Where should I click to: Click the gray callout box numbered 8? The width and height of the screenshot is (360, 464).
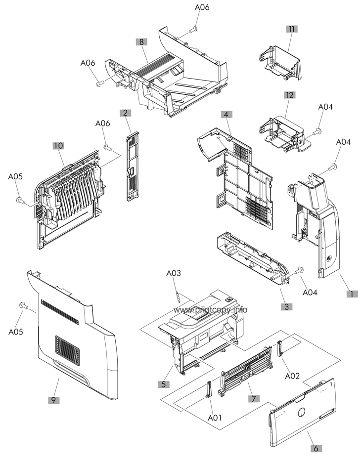point(141,42)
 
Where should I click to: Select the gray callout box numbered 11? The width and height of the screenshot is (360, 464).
point(292,29)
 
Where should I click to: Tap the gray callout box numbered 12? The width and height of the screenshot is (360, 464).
point(290,95)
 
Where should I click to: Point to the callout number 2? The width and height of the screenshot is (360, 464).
point(125,113)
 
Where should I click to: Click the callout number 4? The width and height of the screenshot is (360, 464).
point(226,114)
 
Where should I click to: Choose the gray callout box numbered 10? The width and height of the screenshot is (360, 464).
point(58,146)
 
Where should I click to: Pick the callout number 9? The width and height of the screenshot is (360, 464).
point(53,400)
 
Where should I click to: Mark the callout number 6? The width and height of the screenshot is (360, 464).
point(316,448)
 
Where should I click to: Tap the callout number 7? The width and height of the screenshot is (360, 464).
point(254,398)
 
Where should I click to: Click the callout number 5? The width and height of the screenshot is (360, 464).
point(164,384)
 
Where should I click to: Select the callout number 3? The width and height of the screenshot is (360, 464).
point(287,306)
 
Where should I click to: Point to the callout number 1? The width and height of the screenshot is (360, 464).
point(352,294)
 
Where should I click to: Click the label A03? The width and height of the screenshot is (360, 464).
point(174,273)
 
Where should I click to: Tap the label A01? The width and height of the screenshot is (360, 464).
point(215,418)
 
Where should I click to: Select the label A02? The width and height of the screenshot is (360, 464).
point(292,376)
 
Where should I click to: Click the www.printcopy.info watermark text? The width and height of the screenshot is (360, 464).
point(210,310)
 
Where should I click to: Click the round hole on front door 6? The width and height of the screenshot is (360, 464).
point(301,412)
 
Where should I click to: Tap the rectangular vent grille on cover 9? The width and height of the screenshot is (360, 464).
point(67,350)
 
